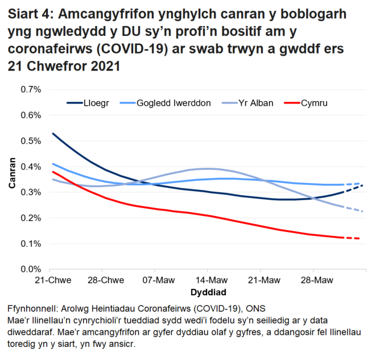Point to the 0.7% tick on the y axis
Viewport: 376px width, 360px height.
coord(31,90)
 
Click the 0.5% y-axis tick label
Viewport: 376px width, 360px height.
coord(31,141)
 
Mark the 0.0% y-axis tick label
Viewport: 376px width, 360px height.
coord(31,269)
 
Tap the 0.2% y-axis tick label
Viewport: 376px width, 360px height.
coord(31,218)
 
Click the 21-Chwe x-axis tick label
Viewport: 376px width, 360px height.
coord(50,281)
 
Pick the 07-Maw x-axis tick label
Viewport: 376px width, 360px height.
coord(155,281)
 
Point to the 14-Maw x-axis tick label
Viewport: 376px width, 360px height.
coord(207,281)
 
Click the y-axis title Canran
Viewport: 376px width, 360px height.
coord(11,179)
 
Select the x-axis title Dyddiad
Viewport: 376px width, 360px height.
coord(207,292)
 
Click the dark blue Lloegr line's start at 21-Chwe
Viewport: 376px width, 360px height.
coord(53,134)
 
